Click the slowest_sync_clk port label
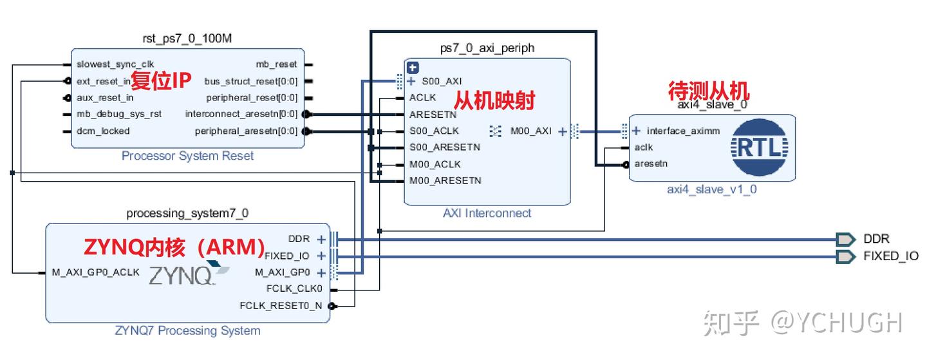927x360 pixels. [106, 64]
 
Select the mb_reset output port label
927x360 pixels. [277, 64]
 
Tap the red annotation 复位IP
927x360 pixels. [162, 81]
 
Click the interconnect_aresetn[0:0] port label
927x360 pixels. [241, 115]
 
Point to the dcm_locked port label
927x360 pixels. [103, 131]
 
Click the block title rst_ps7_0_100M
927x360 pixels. [187, 39]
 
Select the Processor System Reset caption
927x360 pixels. [187, 156]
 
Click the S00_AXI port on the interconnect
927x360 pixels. [442, 82]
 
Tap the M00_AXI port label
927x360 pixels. [531, 131]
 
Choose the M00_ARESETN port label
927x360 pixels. [445, 181]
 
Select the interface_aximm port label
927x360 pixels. [683, 131]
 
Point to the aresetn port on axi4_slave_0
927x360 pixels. [651, 164]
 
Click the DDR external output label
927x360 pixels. [876, 240]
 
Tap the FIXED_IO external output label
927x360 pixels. [890, 256]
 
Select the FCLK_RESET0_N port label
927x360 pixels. [281, 306]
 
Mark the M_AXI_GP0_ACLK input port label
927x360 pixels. [96, 272]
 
